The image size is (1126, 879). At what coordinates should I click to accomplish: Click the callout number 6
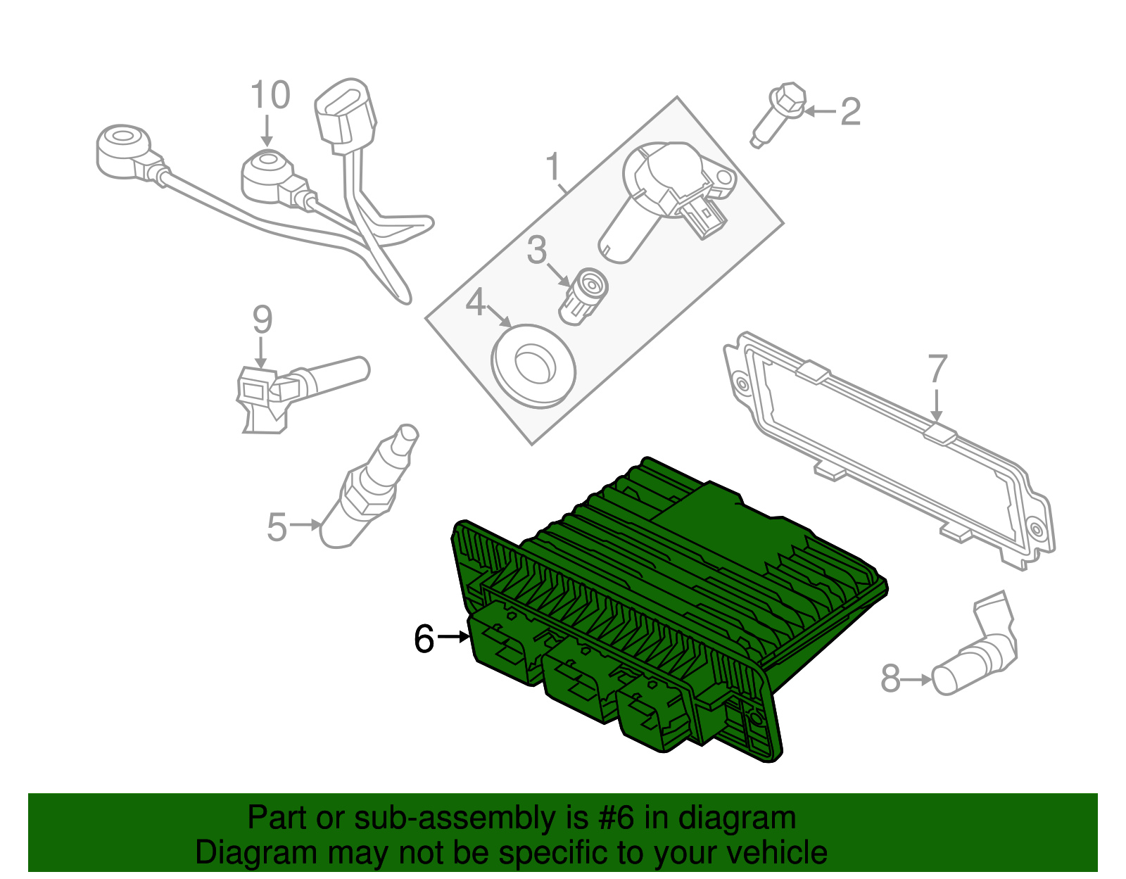click(424, 639)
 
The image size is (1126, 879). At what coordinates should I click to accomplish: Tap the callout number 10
click(270, 96)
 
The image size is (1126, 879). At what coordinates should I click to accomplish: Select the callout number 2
click(850, 112)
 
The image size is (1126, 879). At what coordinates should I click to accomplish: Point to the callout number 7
click(937, 369)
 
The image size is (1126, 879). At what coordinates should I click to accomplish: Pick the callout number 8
click(890, 679)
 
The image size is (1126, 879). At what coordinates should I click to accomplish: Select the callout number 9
click(262, 320)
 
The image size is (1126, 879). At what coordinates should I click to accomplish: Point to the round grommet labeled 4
click(533, 364)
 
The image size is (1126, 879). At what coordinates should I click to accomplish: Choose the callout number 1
click(554, 167)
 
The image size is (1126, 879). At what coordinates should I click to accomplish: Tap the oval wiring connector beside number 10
click(345, 116)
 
